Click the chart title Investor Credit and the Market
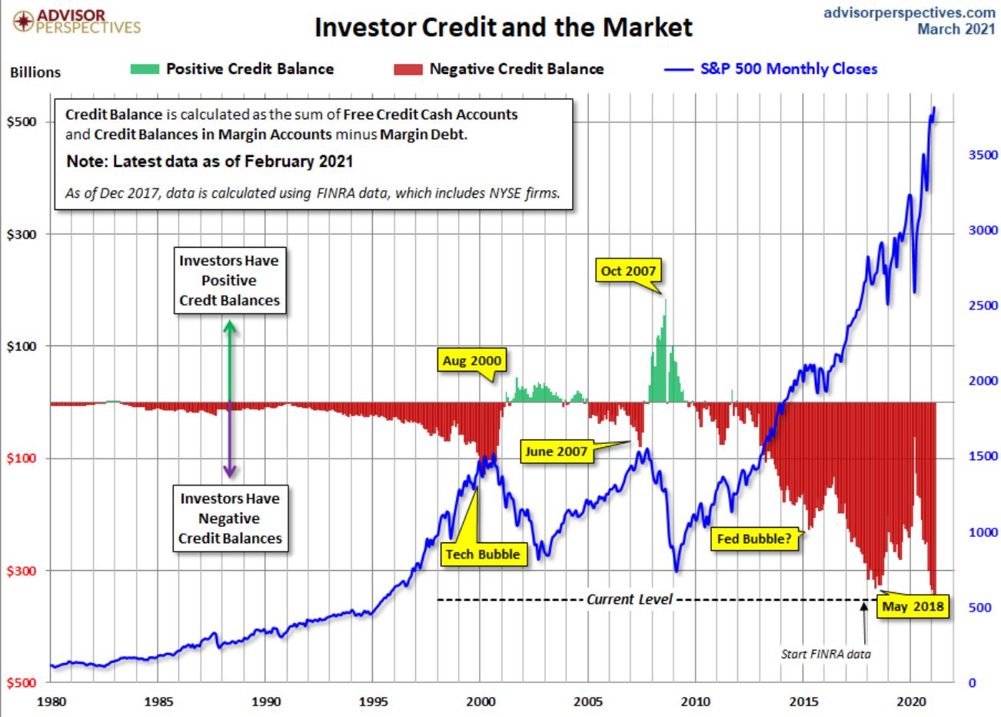point(504,28)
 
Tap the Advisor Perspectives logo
point(77,22)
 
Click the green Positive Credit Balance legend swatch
point(145,69)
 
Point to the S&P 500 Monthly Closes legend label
point(788,68)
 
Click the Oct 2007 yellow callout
point(627,271)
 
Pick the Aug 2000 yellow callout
point(471,360)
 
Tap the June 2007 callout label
point(557,452)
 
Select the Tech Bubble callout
point(483,554)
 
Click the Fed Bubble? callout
point(753,539)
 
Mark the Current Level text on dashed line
point(629,599)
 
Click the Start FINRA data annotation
point(826,654)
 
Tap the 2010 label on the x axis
point(696,702)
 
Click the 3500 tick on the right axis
point(982,155)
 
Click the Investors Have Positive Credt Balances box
point(229,281)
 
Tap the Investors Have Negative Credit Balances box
point(229,519)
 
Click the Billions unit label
point(35,72)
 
